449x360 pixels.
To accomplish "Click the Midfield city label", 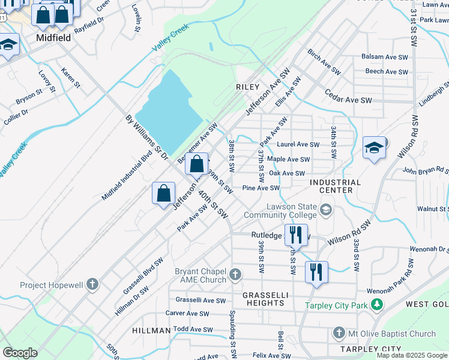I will [x=53, y=37].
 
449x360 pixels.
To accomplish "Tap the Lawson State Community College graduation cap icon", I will [x=326, y=209].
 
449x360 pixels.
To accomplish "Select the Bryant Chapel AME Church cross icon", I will [x=235, y=275].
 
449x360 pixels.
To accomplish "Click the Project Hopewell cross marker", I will [x=92, y=284].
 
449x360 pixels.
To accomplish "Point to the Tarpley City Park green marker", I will [x=376, y=305].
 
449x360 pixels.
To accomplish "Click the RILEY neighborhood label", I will [x=247, y=87].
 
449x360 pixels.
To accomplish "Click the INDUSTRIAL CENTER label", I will [x=336, y=186].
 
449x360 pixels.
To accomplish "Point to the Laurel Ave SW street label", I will [x=298, y=145].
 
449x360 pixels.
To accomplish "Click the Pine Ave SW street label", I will [x=261, y=188].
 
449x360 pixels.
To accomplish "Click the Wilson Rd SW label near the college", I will [x=350, y=233].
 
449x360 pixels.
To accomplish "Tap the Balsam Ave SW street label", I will [x=385, y=57].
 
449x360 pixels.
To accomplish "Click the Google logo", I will [x=20, y=353].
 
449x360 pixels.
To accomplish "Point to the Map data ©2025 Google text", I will [x=411, y=355].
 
